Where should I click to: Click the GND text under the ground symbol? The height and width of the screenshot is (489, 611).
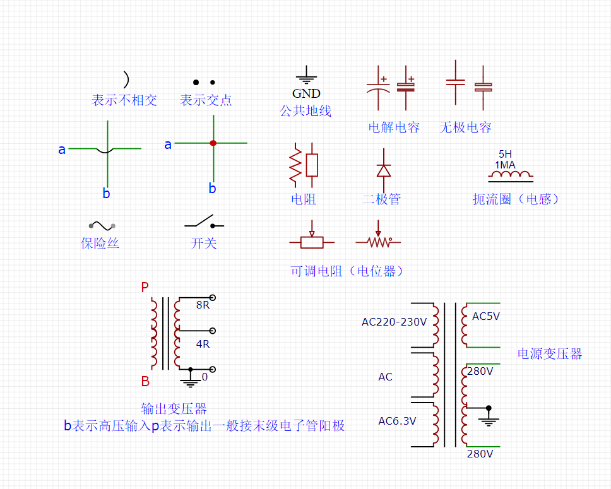click(x=306, y=93)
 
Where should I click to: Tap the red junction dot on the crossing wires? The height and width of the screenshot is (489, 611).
click(x=213, y=143)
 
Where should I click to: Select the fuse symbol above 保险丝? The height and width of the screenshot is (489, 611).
click(x=102, y=225)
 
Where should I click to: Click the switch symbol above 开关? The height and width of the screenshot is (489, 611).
click(x=204, y=223)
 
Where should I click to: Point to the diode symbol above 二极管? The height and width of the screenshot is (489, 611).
click(x=383, y=170)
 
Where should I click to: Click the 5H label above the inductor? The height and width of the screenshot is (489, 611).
click(x=506, y=154)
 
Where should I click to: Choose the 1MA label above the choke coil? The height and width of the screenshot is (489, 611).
click(x=505, y=165)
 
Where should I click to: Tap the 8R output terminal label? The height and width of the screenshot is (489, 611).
click(x=203, y=305)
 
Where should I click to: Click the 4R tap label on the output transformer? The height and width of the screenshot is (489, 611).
click(x=203, y=344)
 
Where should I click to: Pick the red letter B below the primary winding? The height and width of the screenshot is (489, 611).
click(x=145, y=382)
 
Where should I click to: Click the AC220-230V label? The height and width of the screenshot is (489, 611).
click(x=394, y=322)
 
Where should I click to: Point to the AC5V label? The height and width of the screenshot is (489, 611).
click(x=486, y=316)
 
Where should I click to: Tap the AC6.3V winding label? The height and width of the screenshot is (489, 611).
click(x=397, y=421)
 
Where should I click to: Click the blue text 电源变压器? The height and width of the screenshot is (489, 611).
click(x=550, y=354)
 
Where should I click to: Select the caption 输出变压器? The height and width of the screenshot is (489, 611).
click(x=174, y=409)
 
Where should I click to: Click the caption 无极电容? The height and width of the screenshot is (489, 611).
click(x=465, y=127)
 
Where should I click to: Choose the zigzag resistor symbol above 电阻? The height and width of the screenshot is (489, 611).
click(x=294, y=166)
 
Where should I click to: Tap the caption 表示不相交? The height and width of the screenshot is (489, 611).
click(x=124, y=100)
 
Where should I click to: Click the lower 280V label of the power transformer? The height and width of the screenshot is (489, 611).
click(x=480, y=453)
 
